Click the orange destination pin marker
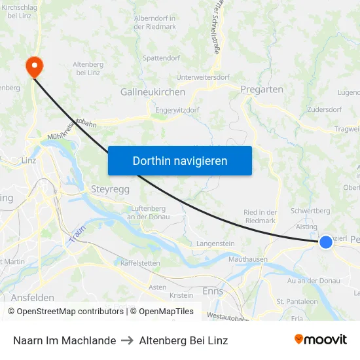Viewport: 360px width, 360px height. [x=33, y=67]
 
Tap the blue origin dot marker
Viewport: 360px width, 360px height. [x=325, y=242]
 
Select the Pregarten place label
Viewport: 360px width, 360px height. [x=262, y=89]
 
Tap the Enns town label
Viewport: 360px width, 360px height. [x=213, y=291]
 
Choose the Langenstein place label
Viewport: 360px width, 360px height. [x=215, y=243]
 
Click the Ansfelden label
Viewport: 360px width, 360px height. [x=32, y=297]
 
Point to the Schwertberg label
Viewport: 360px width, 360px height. [x=310, y=211]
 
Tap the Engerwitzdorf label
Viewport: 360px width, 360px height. [x=177, y=110]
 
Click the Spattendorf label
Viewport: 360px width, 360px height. [x=161, y=58]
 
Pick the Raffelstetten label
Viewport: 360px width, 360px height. [x=140, y=262]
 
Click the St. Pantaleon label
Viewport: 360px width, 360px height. [x=297, y=302]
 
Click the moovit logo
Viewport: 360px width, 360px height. [x=321, y=339]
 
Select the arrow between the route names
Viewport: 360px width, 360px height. [x=127, y=340]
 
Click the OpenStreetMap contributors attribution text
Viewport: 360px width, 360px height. [x=65, y=312]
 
